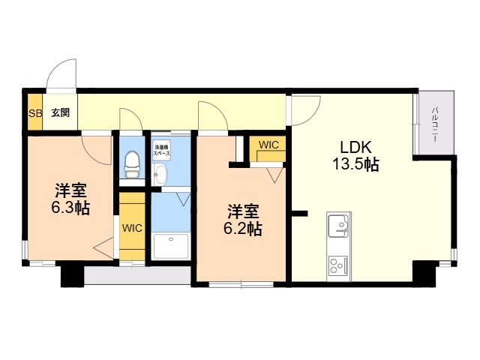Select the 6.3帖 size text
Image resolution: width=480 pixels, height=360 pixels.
click(70, 208)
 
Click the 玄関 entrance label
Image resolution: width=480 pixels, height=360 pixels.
click(60, 113)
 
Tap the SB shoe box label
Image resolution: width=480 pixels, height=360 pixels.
click(34, 113)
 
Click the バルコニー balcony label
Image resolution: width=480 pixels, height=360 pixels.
click(435, 124)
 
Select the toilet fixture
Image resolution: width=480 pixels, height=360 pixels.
click(133, 163)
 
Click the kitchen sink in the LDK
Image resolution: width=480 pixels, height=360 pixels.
click(338, 226)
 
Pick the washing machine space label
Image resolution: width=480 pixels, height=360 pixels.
click(161, 148)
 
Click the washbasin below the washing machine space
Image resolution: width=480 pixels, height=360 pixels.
click(160, 174)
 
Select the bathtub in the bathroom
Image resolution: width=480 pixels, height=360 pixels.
click(172, 245)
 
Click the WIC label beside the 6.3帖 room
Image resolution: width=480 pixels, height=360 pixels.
click(131, 228)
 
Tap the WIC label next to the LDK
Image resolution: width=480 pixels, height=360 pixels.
click(268, 144)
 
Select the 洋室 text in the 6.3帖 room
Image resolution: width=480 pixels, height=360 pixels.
click(70, 190)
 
